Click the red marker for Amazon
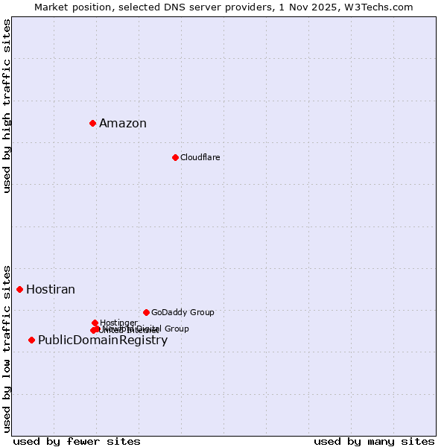point(92,123)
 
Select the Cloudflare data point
point(175,157)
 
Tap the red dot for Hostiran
point(19,289)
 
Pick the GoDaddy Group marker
point(146,312)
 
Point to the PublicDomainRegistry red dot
point(31,340)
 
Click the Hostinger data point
point(95,323)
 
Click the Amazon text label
point(123,124)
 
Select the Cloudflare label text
point(200,157)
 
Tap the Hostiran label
point(51,290)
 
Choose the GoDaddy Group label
point(183,312)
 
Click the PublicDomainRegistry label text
point(103,340)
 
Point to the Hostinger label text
point(118,323)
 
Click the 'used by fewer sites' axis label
point(77,441)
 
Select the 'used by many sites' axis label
point(374,441)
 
